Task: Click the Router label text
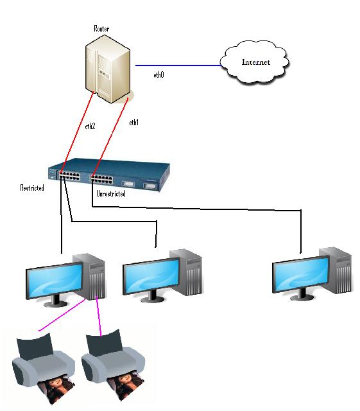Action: [x=101, y=28]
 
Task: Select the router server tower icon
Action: [x=108, y=69]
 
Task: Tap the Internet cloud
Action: [x=255, y=62]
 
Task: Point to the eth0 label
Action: [x=159, y=75]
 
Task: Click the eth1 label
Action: [x=134, y=122]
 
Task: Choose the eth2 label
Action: [x=90, y=127]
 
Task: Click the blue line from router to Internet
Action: [x=178, y=66]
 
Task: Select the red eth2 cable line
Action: [x=77, y=132]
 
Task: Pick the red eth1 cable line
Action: [x=110, y=137]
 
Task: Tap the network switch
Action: [x=109, y=175]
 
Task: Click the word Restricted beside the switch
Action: [x=32, y=188]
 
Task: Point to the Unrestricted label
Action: [x=111, y=194]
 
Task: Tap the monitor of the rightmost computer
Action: [x=301, y=277]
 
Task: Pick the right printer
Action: [x=113, y=364]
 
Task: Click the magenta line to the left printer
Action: [x=62, y=315]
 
